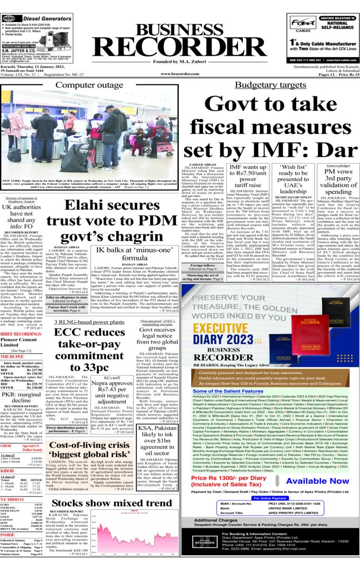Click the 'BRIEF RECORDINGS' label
[x=21, y=319]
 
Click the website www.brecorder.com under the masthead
[x=179, y=74]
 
